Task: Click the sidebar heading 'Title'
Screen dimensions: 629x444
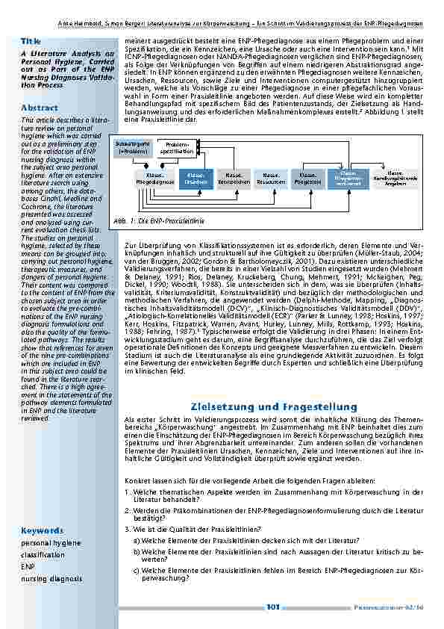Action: [x=31, y=40]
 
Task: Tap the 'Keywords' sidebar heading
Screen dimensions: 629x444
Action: [x=42, y=530]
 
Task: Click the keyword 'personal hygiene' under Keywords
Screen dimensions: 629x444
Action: [x=51, y=543]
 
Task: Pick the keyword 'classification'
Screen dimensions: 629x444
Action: [x=43, y=555]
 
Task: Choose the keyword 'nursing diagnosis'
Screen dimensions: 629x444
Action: [x=52, y=579]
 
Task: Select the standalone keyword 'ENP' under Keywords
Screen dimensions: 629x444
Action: [x=28, y=567]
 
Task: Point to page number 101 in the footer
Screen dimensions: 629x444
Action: [x=273, y=607]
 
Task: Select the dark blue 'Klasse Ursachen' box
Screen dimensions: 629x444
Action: [x=196, y=179]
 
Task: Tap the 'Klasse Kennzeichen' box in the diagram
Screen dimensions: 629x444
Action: [x=233, y=179]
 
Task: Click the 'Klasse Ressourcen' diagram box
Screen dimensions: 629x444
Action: [x=270, y=179]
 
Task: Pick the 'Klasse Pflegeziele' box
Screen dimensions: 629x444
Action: [x=307, y=179]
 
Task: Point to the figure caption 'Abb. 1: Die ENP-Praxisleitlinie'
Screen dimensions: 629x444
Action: [x=157, y=222]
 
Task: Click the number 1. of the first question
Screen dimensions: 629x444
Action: [x=128, y=492]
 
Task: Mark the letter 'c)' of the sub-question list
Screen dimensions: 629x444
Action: [x=137, y=570]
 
